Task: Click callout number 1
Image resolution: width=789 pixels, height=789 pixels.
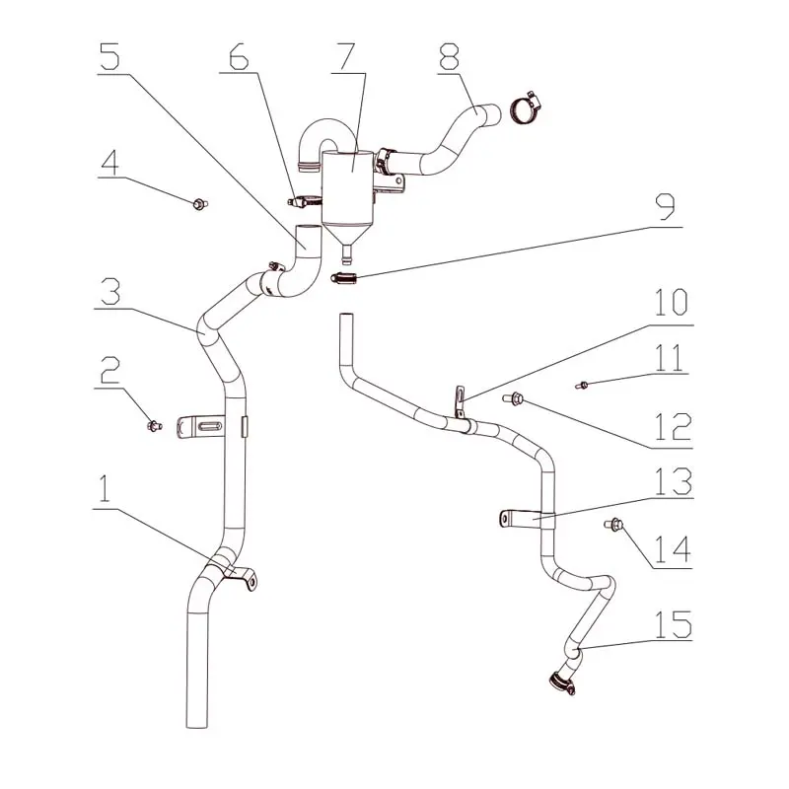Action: pos(105,487)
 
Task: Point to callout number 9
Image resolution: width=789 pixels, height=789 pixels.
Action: pos(666,207)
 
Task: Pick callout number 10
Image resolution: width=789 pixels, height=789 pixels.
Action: pos(672,303)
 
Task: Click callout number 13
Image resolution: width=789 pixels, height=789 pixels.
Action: pos(674,481)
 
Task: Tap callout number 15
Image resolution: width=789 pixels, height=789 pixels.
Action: pos(674,624)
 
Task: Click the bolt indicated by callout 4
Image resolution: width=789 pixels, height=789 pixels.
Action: pos(200,204)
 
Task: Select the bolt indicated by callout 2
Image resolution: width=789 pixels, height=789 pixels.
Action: pos(154,426)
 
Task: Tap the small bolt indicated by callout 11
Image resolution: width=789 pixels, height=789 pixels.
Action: pos(582,386)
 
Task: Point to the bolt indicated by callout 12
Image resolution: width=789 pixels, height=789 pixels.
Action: pos(513,399)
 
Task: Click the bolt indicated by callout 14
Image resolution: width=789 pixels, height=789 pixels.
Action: pos(613,526)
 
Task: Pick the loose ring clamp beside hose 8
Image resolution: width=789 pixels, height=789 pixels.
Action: pos(525,107)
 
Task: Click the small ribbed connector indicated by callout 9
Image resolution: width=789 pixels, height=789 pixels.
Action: pos(344,277)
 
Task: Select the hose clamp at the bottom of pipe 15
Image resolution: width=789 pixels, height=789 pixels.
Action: pos(562,682)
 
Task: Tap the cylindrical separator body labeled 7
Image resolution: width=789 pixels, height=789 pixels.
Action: pos(348,187)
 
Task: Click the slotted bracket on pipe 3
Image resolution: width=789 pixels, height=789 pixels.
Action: pos(200,427)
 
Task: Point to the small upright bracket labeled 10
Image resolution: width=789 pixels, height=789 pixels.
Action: pos(460,401)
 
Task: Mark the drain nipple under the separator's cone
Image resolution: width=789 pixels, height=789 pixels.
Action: pos(346,254)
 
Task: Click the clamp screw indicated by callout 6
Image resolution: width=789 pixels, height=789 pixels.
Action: pos(304,201)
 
